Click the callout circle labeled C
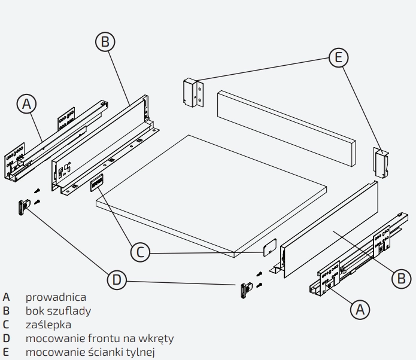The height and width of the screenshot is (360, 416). [140, 252]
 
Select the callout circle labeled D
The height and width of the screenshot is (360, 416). [117, 280]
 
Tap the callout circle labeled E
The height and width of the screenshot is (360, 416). [339, 57]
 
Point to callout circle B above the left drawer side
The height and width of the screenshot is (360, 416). [105, 42]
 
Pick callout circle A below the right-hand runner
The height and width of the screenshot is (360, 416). [360, 309]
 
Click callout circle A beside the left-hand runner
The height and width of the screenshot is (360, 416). [26, 103]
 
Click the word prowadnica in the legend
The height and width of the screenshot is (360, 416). [56, 297]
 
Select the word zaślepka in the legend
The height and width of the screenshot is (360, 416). [48, 325]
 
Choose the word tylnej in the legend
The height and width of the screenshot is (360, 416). [140, 352]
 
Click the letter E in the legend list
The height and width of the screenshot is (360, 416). [6, 352]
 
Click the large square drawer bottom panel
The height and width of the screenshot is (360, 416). [211, 196]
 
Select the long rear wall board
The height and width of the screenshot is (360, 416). [287, 129]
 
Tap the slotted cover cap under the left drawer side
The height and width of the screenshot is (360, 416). [96, 182]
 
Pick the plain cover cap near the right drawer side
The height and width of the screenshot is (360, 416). [270, 248]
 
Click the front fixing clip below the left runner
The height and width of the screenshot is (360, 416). [24, 208]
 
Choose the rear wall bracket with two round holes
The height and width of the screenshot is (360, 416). [193, 93]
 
